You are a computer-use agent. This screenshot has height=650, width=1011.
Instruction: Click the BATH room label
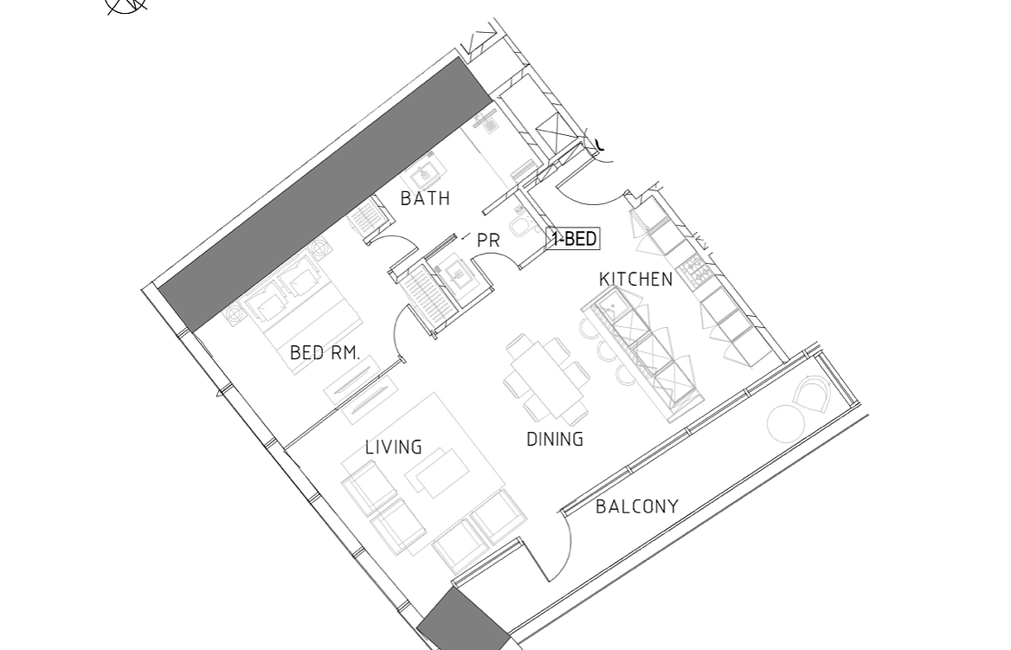pyautogui.click(x=425, y=198)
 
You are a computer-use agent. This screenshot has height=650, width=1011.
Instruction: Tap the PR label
pyautogui.click(x=488, y=241)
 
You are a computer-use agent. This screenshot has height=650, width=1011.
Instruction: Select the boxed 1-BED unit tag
pyautogui.click(x=573, y=239)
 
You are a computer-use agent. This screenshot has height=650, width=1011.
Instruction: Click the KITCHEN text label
pyautogui.click(x=635, y=280)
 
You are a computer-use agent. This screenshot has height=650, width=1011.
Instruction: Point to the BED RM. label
pyautogui.click(x=325, y=353)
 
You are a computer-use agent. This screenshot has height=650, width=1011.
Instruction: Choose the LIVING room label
pyautogui.click(x=393, y=447)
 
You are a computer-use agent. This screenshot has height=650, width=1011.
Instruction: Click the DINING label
pyautogui.click(x=555, y=439)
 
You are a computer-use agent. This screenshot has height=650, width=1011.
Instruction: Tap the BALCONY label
pyautogui.click(x=637, y=507)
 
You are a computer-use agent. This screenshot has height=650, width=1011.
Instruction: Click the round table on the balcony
pyautogui.click(x=786, y=424)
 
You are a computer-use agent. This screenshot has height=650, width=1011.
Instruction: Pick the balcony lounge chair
pyautogui.click(x=812, y=396)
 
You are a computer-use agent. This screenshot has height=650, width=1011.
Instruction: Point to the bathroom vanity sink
pyautogui.click(x=425, y=173)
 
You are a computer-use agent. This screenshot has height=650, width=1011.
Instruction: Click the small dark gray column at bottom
pyautogui.click(x=464, y=621)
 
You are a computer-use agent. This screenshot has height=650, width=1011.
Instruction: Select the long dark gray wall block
pyautogui.click(x=325, y=194)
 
